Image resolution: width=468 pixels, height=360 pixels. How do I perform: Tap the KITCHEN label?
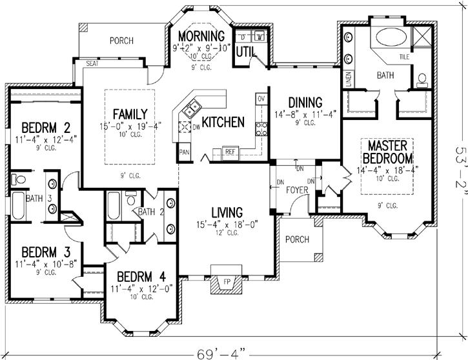[x=223, y=122]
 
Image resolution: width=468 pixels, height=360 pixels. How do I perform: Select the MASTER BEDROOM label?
[x=387, y=150]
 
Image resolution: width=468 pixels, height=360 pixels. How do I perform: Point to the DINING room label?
[x=296, y=102]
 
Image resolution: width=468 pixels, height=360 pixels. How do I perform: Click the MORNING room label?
[x=201, y=36]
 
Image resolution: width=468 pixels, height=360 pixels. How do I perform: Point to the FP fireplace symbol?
[x=226, y=282]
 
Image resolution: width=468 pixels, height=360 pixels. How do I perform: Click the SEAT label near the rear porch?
[x=92, y=63]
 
